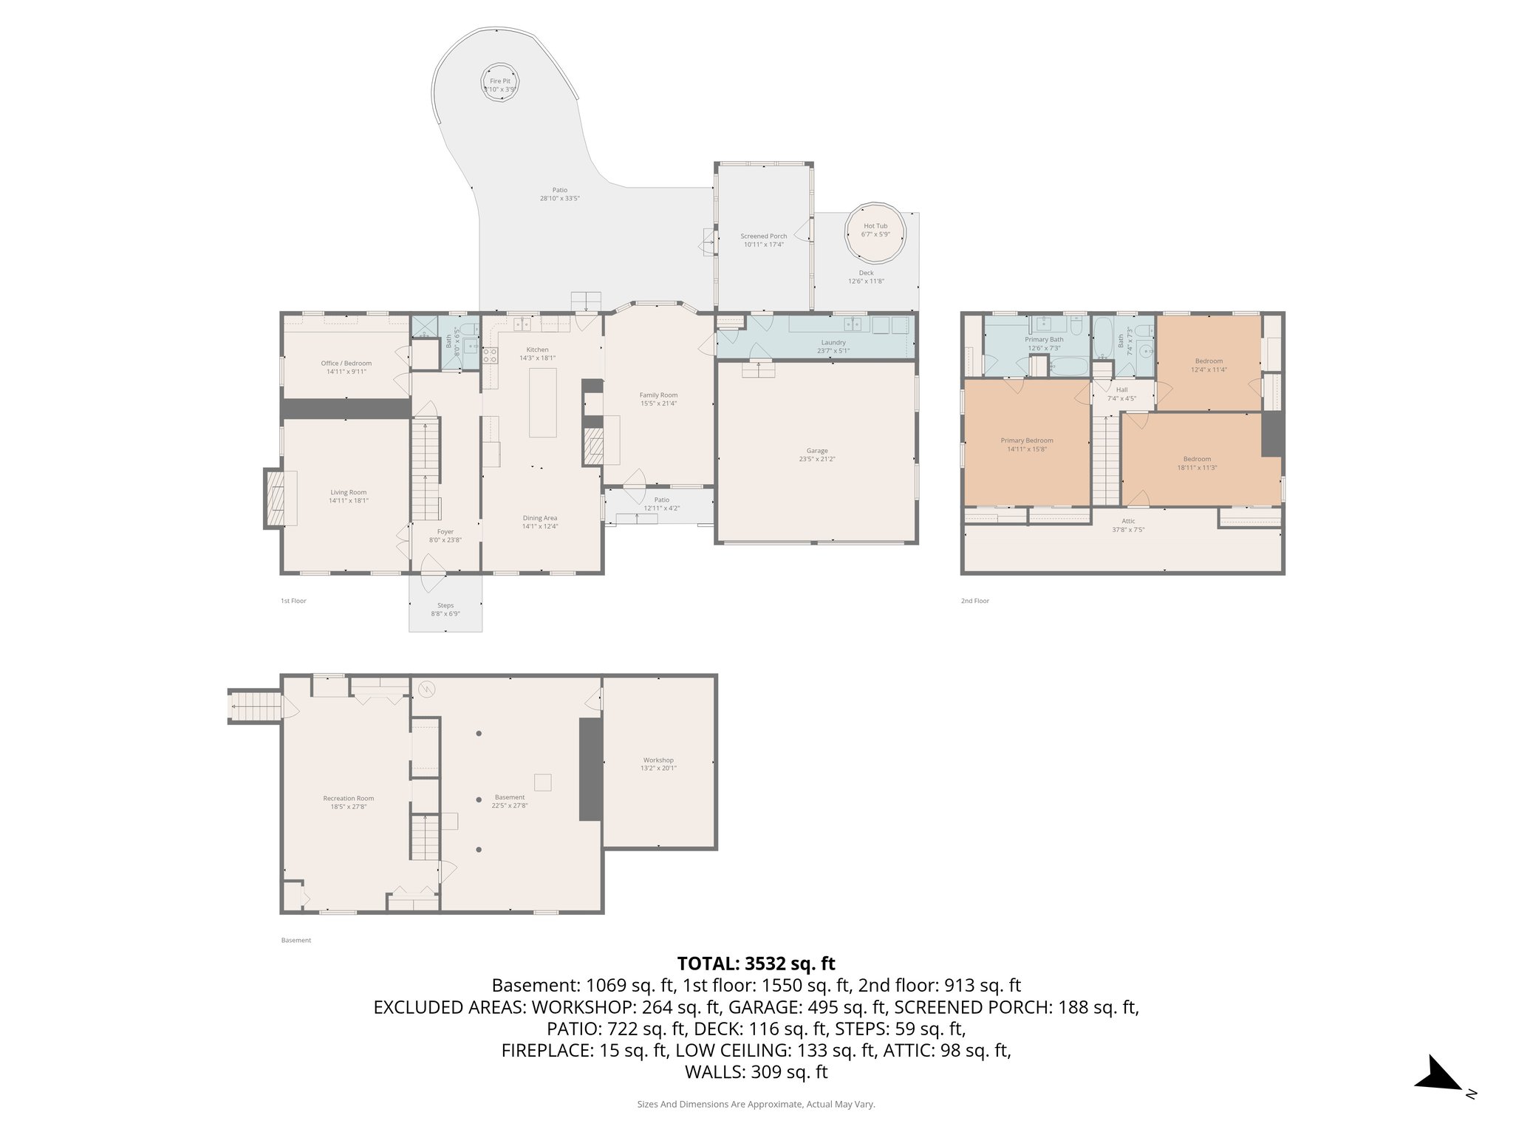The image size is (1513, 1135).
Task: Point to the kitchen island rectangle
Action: [x=543, y=403]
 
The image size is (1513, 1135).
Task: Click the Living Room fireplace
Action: [x=275, y=498]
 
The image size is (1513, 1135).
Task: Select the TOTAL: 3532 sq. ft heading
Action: [x=756, y=964]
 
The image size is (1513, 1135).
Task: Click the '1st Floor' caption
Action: [x=293, y=601]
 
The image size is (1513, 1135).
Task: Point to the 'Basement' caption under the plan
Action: [x=296, y=940]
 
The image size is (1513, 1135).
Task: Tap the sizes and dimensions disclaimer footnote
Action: [x=756, y=1104]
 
